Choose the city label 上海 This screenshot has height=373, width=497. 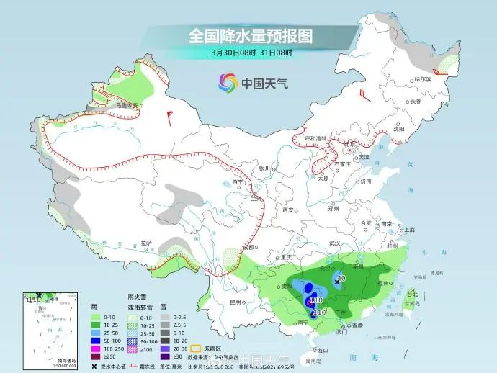(410, 229)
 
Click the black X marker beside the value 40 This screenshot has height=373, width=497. (336, 283)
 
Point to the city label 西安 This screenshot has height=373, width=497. (288, 210)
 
